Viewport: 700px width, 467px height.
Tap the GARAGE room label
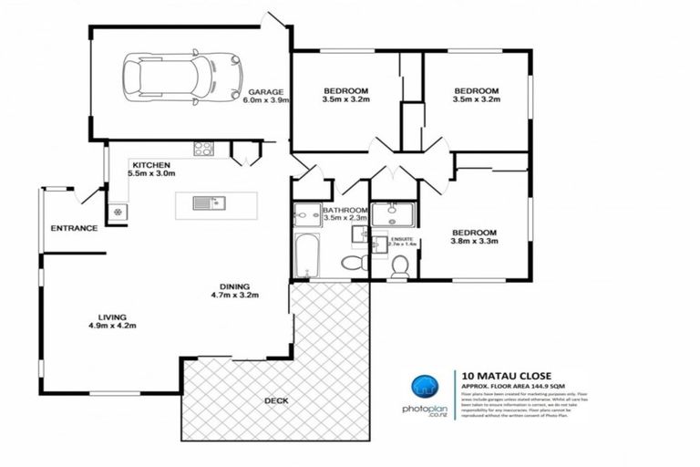265,92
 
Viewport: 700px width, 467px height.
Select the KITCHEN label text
150,164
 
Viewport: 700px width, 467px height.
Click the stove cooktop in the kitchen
203,149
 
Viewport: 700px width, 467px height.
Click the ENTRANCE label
74,228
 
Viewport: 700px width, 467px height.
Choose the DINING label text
235,284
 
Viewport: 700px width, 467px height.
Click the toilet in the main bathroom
352,264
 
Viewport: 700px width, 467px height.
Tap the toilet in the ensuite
399,266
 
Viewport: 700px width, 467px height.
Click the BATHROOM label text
345,211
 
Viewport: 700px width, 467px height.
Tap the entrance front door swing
89,194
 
